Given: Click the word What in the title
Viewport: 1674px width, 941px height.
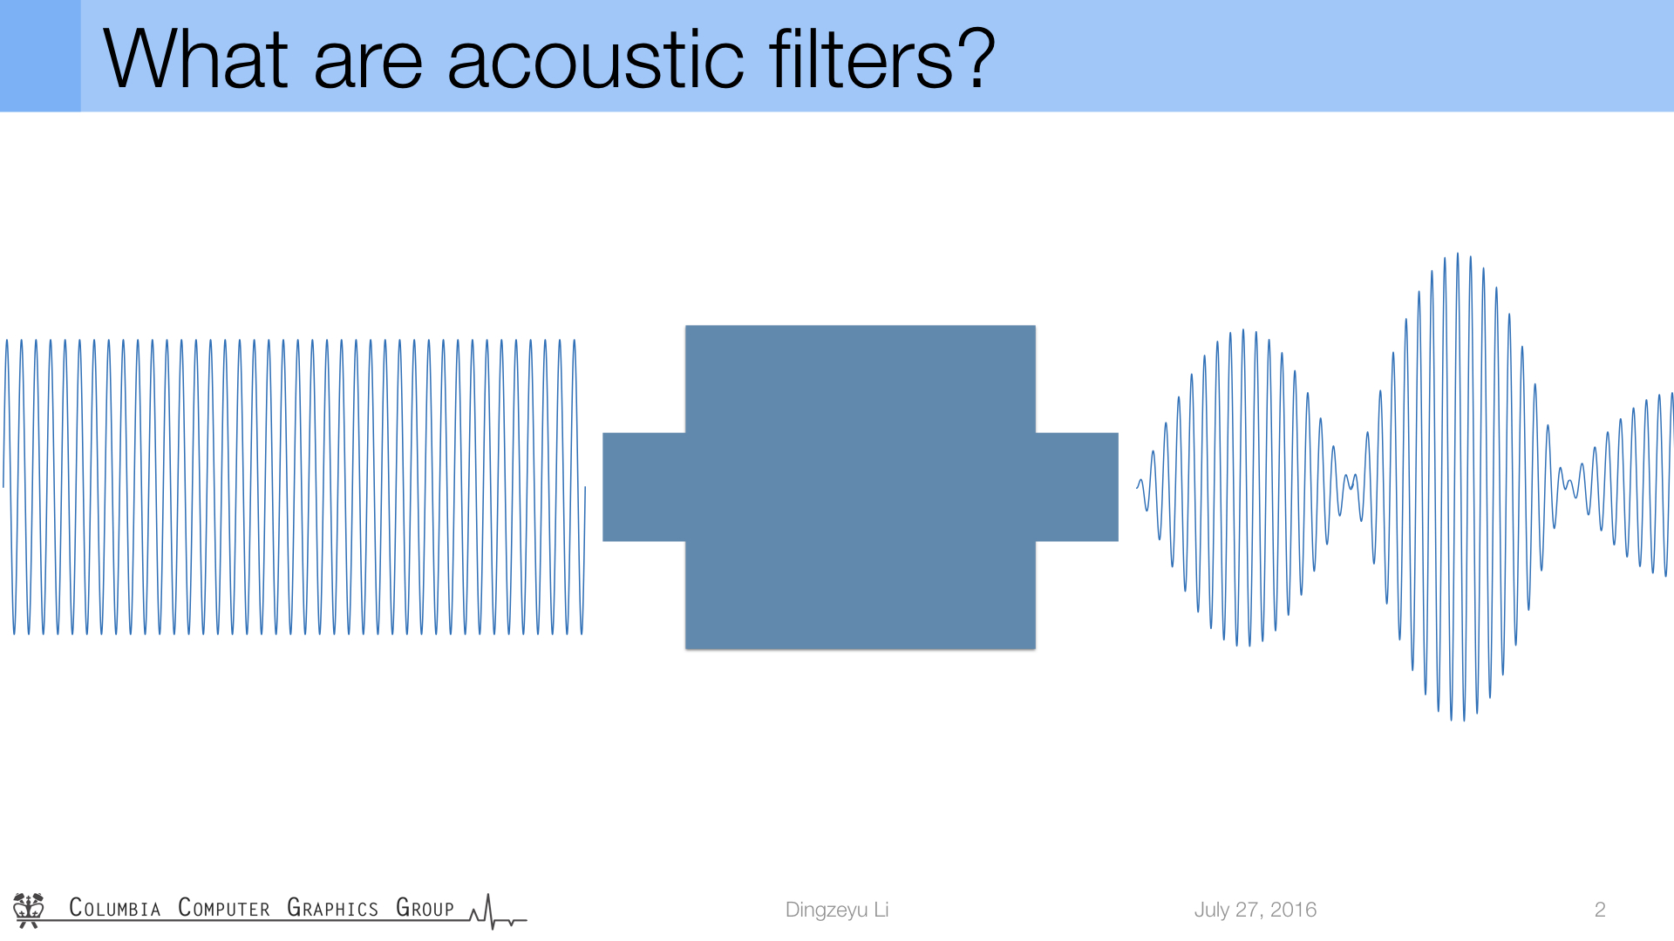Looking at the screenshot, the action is [195, 59].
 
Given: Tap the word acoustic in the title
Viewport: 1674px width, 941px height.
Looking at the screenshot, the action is [595, 59].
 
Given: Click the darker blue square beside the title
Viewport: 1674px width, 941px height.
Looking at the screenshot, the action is [40, 56].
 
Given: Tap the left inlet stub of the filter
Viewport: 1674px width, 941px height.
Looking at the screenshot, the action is [644, 487].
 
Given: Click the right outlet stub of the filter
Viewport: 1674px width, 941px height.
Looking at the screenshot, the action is [1077, 487].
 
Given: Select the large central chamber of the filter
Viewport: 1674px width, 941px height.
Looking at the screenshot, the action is [861, 487].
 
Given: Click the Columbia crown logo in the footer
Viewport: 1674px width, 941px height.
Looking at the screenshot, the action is [29, 910].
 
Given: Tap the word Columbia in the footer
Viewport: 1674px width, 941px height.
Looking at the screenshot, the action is [115, 908].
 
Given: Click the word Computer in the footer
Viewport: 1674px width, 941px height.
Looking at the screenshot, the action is [224, 908].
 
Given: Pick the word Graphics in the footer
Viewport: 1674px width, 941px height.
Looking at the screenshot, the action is [332, 908].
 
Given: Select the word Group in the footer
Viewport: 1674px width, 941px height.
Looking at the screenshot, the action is [425, 908].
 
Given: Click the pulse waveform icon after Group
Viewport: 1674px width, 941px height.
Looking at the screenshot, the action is [498, 912].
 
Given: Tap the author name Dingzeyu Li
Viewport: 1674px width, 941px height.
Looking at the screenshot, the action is [837, 910].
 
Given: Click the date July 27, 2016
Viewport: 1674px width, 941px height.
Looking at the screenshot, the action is [1255, 910].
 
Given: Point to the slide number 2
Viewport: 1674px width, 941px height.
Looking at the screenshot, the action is [1600, 910].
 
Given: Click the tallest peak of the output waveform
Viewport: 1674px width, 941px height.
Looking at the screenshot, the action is [1458, 254].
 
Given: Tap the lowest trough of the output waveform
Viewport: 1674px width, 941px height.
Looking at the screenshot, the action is [1464, 720].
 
